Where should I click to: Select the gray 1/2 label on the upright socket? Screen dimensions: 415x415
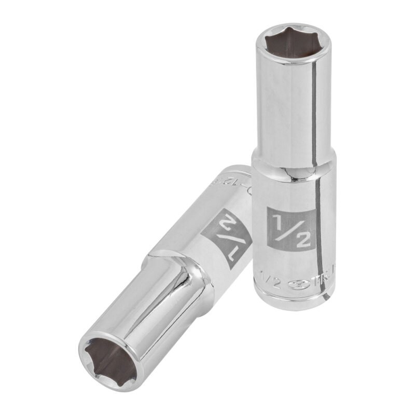tap(290, 229)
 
